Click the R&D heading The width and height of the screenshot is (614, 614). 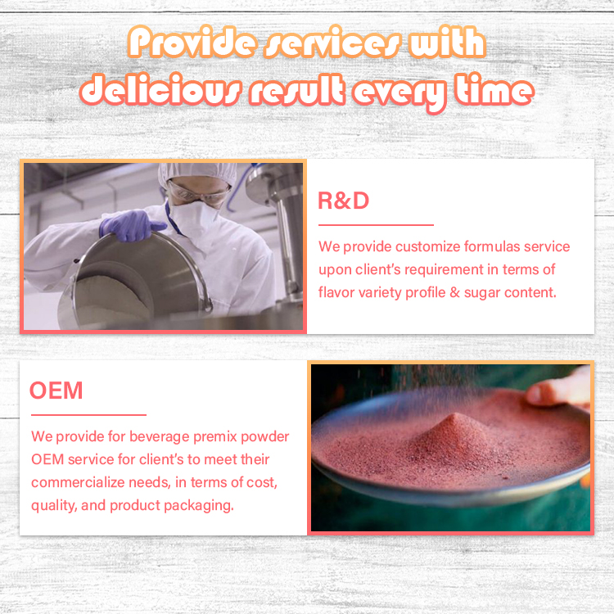[x=343, y=201]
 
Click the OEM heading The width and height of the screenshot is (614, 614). [x=56, y=391]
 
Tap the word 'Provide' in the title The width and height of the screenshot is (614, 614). [x=192, y=43]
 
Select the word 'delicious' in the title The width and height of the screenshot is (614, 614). [x=160, y=90]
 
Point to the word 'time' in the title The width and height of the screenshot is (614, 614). [x=494, y=89]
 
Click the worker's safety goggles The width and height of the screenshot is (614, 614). [x=199, y=194]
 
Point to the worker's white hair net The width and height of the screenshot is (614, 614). [x=198, y=173]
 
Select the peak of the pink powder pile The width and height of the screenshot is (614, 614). [x=454, y=415]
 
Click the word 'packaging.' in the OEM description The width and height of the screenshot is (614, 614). [x=199, y=506]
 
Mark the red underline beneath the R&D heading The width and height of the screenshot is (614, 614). [x=376, y=225]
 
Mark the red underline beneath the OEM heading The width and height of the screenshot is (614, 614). [x=88, y=415]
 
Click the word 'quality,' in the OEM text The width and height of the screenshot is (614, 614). [x=54, y=506]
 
